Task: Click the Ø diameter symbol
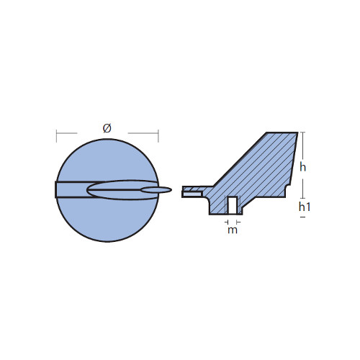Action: (x=107, y=128)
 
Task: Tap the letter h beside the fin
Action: (x=302, y=167)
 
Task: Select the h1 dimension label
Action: (x=305, y=207)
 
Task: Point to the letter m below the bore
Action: (x=233, y=230)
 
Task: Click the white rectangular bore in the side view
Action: (x=233, y=205)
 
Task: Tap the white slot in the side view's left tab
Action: (x=192, y=193)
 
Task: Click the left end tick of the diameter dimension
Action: (x=57, y=136)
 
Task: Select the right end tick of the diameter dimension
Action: (x=158, y=136)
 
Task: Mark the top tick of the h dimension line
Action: (x=303, y=132)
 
